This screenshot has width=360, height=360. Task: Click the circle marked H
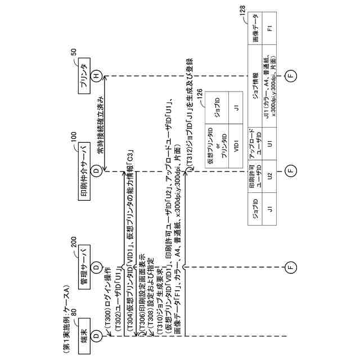(97, 76)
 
